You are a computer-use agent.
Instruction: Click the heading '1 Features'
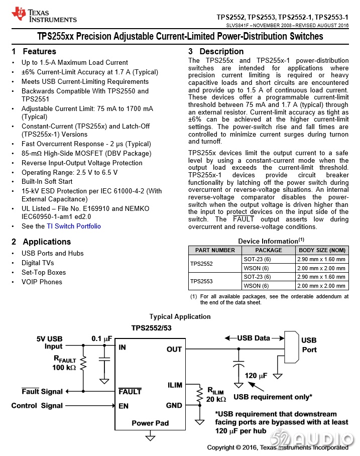[34, 51]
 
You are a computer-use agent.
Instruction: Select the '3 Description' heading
[216, 51]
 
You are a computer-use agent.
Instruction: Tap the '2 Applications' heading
[41, 242]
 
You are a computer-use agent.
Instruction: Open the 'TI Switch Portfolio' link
[74, 226]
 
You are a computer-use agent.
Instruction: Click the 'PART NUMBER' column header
[215, 250]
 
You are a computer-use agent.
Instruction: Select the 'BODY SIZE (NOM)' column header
[322, 250]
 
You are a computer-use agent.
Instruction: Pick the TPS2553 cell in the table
[201, 281]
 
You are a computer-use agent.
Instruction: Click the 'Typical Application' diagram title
[180, 316]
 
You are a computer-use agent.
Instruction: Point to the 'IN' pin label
[122, 347]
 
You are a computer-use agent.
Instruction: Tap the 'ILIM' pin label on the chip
[175, 385]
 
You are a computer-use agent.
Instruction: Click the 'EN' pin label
[124, 406]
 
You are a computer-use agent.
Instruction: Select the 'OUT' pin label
[174, 349]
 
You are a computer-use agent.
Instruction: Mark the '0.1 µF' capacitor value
[101, 338]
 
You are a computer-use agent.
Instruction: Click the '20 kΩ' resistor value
[216, 399]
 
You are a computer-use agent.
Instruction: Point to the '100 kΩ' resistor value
[64, 368]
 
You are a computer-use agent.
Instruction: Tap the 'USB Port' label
[309, 345]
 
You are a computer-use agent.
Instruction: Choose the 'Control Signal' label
[37, 406]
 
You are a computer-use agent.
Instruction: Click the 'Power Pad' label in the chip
[150, 423]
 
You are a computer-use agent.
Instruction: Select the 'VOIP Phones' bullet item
[42, 282]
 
